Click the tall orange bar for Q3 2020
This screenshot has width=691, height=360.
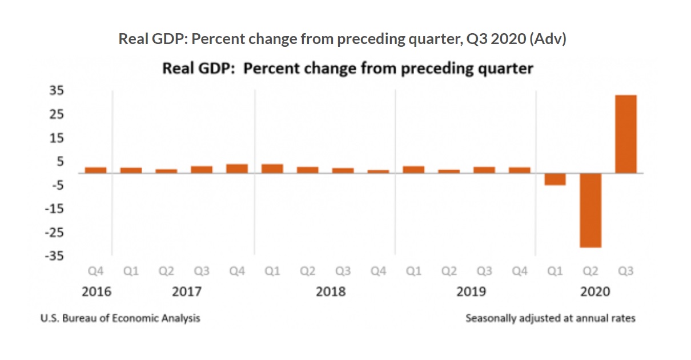[x=625, y=134]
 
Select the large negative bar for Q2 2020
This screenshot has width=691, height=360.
[x=590, y=210]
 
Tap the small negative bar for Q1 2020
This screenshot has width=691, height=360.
[x=555, y=179]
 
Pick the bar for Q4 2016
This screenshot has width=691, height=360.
[x=96, y=170]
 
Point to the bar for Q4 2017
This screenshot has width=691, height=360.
[x=237, y=168]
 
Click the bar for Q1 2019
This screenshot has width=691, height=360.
[x=413, y=169]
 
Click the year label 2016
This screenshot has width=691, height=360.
[x=97, y=292]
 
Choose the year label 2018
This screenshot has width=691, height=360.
[x=331, y=292]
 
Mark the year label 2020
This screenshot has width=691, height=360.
[x=595, y=292]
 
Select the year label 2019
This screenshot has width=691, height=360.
[x=471, y=292]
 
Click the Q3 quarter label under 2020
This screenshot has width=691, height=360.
[x=625, y=271]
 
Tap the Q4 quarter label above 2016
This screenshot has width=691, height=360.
[x=96, y=271]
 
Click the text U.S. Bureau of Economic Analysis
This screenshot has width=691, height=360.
[x=120, y=318]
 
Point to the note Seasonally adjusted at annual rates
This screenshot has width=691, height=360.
[x=550, y=318]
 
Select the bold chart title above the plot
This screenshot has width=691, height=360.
[x=347, y=69]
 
